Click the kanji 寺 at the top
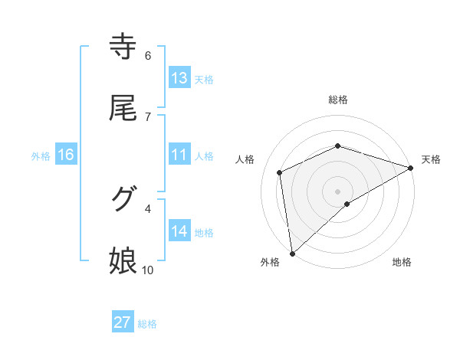(x=123, y=47)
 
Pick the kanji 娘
(x=123, y=261)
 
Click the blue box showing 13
(x=179, y=78)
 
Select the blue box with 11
(x=179, y=155)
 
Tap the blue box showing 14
(x=179, y=231)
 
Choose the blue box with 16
(x=66, y=155)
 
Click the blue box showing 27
(x=123, y=322)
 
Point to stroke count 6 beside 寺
(x=148, y=56)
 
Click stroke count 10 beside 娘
(x=148, y=270)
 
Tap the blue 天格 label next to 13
(x=204, y=79)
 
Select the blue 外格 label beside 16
(x=41, y=155)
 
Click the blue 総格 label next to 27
(x=147, y=323)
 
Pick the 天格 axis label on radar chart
(x=431, y=159)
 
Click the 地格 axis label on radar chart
(x=402, y=262)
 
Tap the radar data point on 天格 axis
(x=410, y=168)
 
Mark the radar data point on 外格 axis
(x=292, y=254)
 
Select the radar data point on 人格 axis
(x=281, y=172)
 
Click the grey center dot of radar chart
(x=338, y=191)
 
